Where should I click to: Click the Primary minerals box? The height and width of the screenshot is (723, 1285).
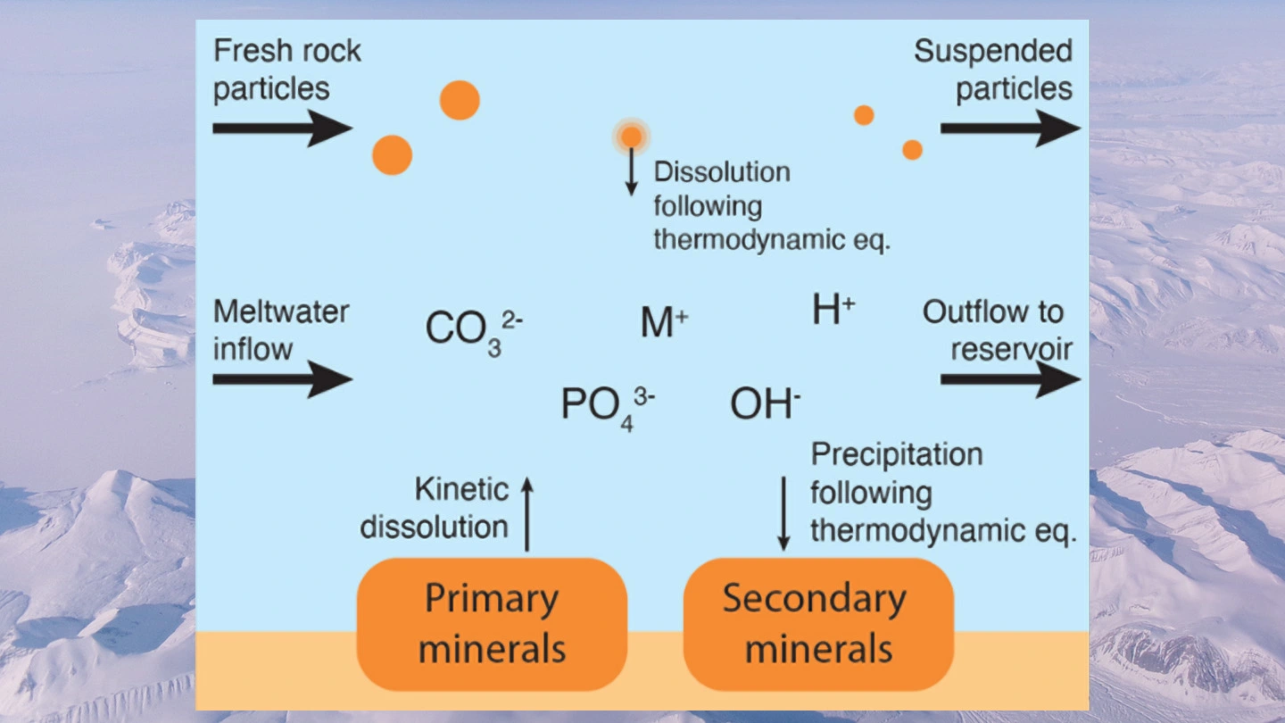tap(492, 623)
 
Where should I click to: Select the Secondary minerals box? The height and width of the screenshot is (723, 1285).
tap(818, 623)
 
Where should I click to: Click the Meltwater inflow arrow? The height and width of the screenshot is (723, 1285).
tap(282, 380)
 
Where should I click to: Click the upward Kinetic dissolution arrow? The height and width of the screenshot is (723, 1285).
tap(526, 513)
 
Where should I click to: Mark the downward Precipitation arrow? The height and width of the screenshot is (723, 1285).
tap(783, 513)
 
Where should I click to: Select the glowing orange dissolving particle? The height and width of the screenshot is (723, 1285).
tap(631, 137)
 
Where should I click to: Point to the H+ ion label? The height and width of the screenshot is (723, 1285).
tap(833, 311)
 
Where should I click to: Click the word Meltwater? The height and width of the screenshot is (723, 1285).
tap(281, 312)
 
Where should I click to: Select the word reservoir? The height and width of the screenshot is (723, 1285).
tap(1011, 349)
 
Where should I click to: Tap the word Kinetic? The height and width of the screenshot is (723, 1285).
tap(461, 489)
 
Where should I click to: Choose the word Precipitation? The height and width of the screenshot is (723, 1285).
tap(896, 454)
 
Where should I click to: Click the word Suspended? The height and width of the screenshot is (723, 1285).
tap(993, 51)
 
